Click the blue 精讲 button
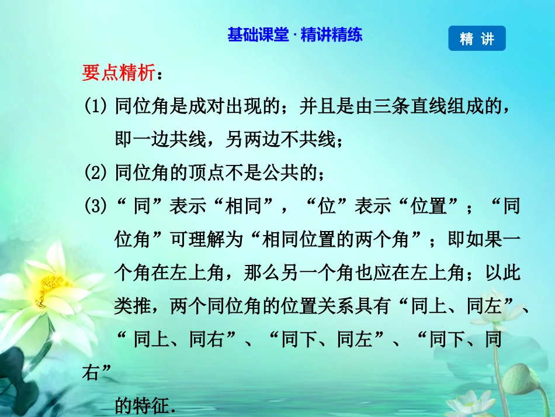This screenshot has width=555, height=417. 477,39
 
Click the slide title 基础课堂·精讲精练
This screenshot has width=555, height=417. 295,35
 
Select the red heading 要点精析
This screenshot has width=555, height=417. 119,73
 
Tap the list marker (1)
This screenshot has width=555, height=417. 96,106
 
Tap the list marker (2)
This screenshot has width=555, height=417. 96,172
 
